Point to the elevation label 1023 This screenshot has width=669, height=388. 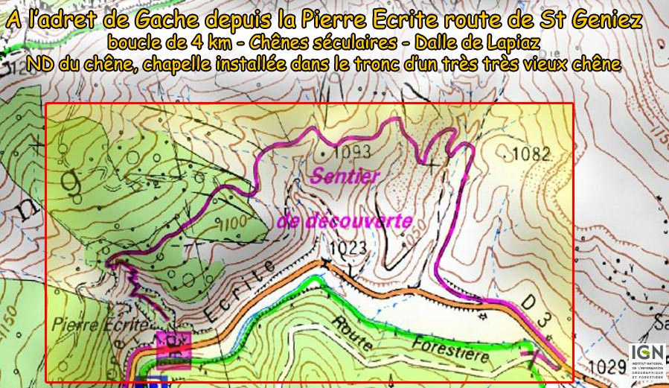click(344, 247)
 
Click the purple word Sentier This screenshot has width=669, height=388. click(345, 176)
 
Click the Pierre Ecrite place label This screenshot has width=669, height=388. click(88, 325)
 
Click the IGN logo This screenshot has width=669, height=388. click(646, 360)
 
